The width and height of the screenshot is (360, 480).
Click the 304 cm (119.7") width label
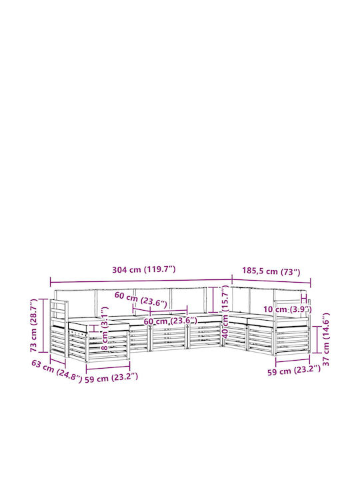144,270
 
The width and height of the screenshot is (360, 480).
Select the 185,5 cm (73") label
271,271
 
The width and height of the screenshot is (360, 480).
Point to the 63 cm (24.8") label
57,371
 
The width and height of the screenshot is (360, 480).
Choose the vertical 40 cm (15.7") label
225,311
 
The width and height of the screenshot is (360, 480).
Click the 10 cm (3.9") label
287,309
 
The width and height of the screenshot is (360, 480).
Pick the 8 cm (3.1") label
105,329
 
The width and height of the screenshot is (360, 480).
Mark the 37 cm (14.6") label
326,339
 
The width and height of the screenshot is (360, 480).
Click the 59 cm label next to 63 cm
111,377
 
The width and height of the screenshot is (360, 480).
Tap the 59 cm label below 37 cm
294,371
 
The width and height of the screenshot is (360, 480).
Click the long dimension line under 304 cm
141,281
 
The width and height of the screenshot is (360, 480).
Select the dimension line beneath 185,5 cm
271,281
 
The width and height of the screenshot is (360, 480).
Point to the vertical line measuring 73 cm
43,325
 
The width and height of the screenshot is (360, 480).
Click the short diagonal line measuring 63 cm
58,360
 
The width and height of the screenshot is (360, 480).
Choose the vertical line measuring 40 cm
213,299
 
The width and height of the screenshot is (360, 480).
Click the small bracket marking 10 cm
304,299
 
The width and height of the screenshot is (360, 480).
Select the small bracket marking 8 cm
95,329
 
